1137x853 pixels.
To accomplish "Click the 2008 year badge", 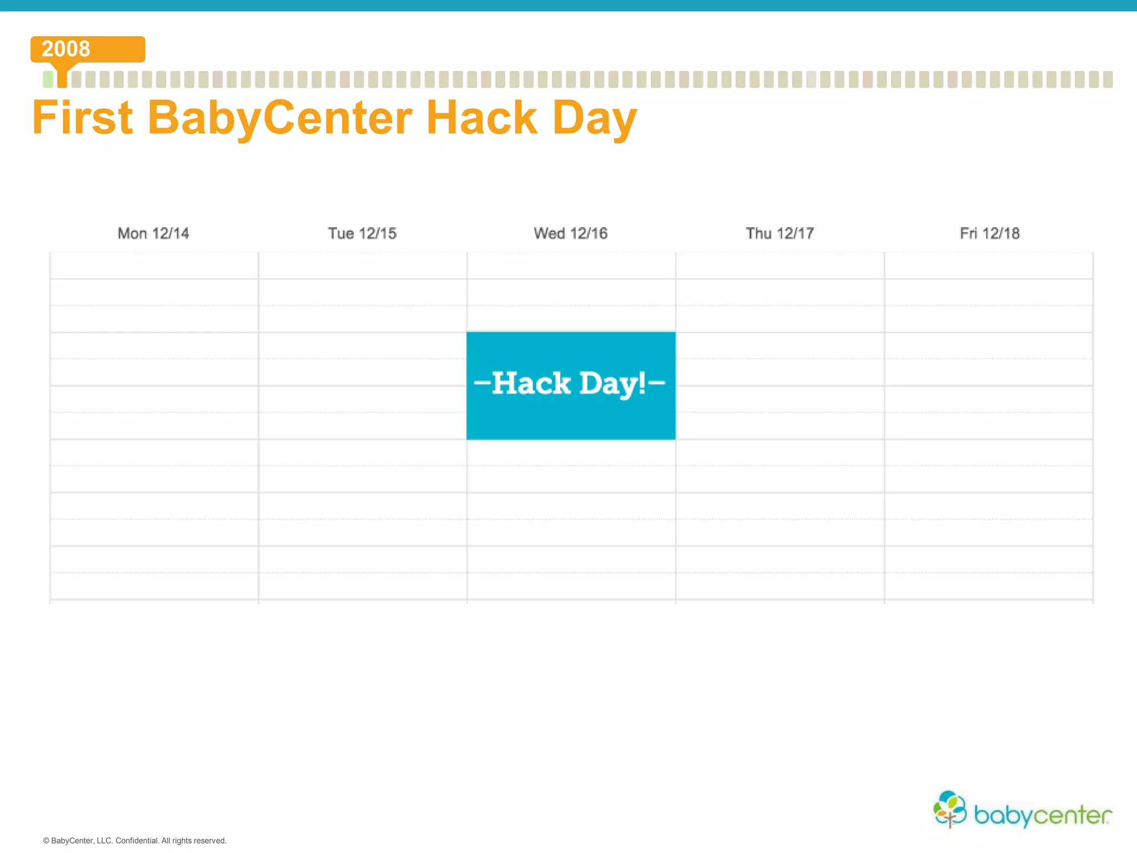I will (87, 49).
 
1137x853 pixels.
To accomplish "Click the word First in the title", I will (82, 118).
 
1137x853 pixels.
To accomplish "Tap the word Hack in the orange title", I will (482, 118).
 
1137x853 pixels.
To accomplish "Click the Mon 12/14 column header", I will (153, 233).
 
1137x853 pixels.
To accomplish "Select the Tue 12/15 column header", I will (362, 233).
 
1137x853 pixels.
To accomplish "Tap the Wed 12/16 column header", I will (571, 233).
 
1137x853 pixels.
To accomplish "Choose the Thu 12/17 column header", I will (779, 233).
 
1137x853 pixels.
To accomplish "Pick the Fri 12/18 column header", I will (989, 233).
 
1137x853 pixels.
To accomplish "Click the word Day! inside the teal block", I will (612, 384).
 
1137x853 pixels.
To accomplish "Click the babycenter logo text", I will (1043, 815).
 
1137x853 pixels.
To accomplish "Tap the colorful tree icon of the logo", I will (950, 809).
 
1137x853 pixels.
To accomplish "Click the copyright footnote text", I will (135, 841).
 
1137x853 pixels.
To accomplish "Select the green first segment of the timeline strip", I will (48, 79).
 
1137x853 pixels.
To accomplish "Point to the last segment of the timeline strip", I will (1108, 79).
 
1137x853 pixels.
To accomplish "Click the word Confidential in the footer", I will (137, 841).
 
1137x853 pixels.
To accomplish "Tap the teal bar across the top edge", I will (568, 5).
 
